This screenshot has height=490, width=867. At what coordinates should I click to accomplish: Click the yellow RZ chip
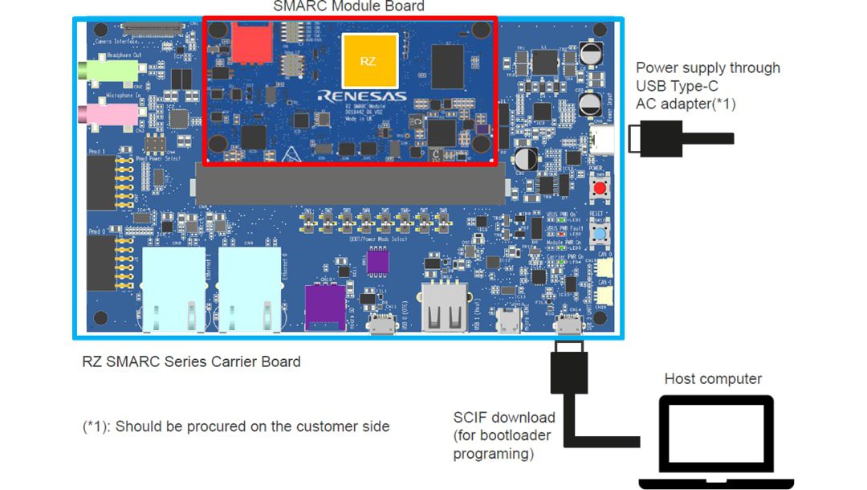pyautogui.click(x=369, y=61)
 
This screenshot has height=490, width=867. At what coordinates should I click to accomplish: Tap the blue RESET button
pyautogui.click(x=599, y=235)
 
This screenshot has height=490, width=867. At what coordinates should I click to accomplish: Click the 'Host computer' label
pyautogui.click(x=713, y=379)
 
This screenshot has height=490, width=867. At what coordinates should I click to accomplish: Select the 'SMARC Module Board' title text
pyautogui.click(x=348, y=6)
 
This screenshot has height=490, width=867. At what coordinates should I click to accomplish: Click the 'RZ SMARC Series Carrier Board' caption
pyautogui.click(x=192, y=361)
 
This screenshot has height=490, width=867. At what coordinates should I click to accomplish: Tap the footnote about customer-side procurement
pyautogui.click(x=236, y=427)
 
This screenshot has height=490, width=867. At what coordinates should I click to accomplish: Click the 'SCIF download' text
pyautogui.click(x=504, y=418)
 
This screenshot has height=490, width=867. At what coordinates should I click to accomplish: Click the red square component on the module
pyautogui.click(x=250, y=43)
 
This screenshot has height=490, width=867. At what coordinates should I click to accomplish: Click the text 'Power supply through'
pyautogui.click(x=708, y=67)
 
